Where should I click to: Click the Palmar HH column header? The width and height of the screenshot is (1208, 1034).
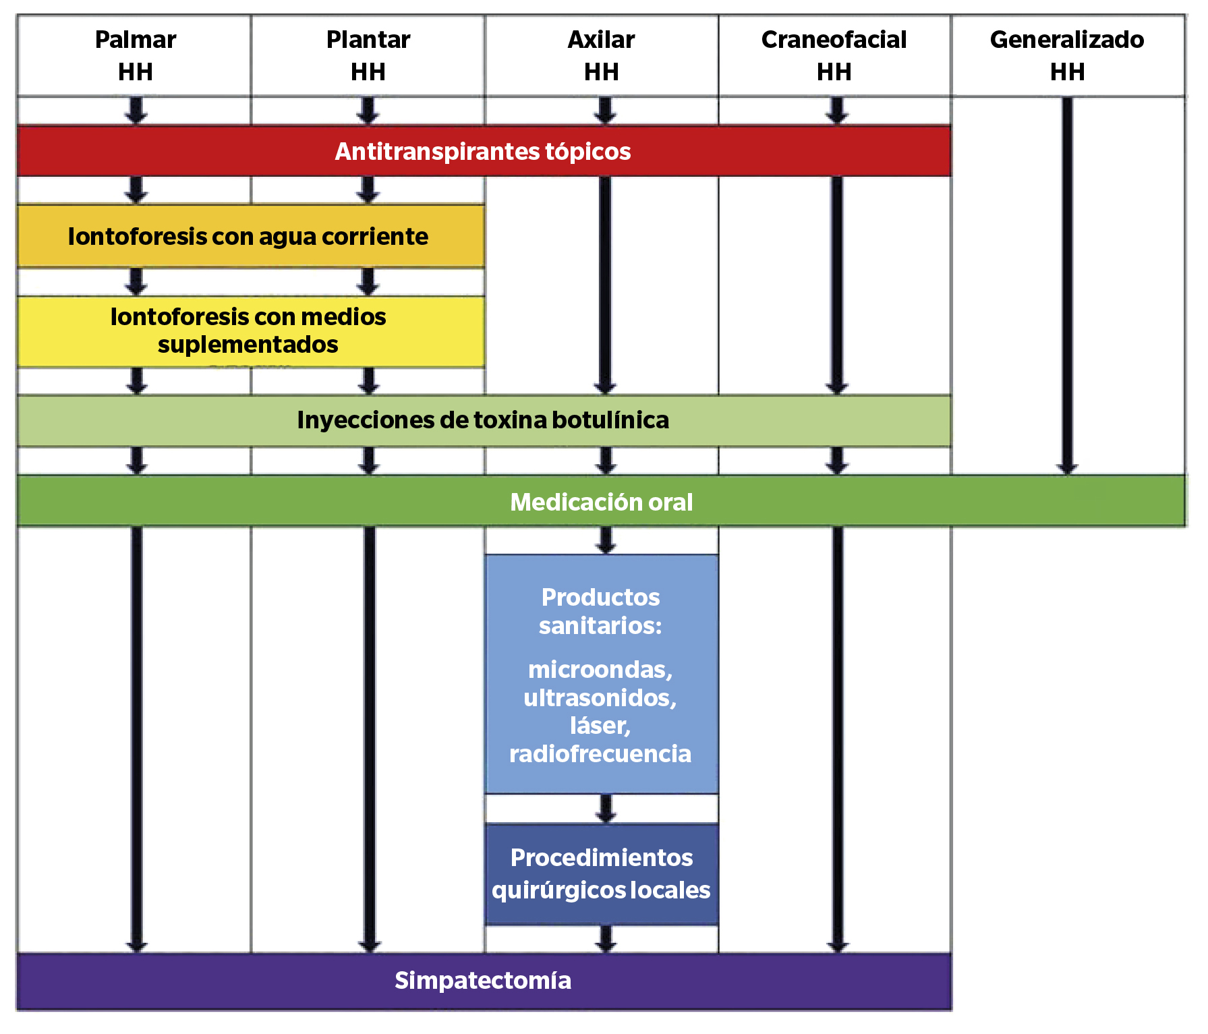135,55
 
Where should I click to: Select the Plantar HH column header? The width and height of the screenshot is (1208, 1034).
368,55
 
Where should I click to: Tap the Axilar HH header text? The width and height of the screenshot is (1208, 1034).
601,55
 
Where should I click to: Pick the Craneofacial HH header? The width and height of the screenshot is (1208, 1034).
834,55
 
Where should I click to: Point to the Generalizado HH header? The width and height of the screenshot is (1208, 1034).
1067,55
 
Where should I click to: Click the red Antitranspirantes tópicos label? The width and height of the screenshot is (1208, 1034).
483,152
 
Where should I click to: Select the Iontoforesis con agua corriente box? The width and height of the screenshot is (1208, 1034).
248,237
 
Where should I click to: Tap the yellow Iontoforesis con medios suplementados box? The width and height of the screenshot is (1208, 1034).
248,331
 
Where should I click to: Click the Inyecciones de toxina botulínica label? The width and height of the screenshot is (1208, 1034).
483,420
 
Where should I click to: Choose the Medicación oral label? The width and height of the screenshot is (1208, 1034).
601,502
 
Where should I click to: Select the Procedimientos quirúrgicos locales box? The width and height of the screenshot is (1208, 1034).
601,874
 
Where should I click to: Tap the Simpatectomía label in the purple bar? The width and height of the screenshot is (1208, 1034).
483,981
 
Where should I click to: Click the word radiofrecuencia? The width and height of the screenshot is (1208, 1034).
600,754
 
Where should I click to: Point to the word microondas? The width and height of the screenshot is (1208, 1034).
599,670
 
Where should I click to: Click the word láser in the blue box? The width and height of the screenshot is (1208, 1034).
599,726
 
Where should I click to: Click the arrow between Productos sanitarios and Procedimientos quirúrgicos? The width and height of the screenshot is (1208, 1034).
606,809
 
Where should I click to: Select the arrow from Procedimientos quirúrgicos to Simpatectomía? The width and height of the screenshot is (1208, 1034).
606,939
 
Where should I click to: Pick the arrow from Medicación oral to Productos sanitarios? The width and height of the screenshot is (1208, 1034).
606,540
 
